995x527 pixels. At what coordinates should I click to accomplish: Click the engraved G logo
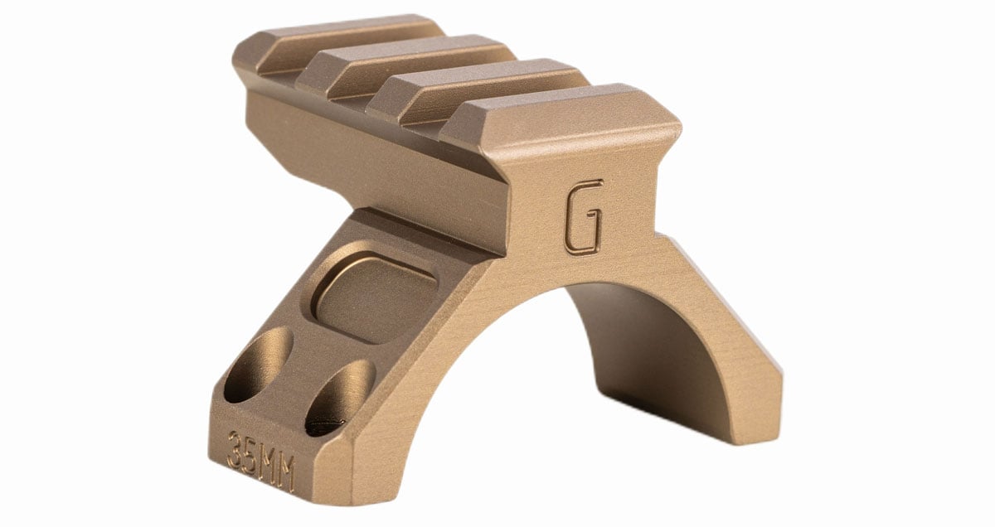click(x=583, y=218)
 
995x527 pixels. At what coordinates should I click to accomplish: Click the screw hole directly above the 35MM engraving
click(x=258, y=365)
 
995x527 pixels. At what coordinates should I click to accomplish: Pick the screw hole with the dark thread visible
click(x=339, y=398)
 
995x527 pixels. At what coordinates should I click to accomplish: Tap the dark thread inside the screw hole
click(x=328, y=425)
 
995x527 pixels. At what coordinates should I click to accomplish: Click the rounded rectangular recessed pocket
click(x=374, y=297)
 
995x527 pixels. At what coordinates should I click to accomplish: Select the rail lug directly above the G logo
click(x=560, y=116)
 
